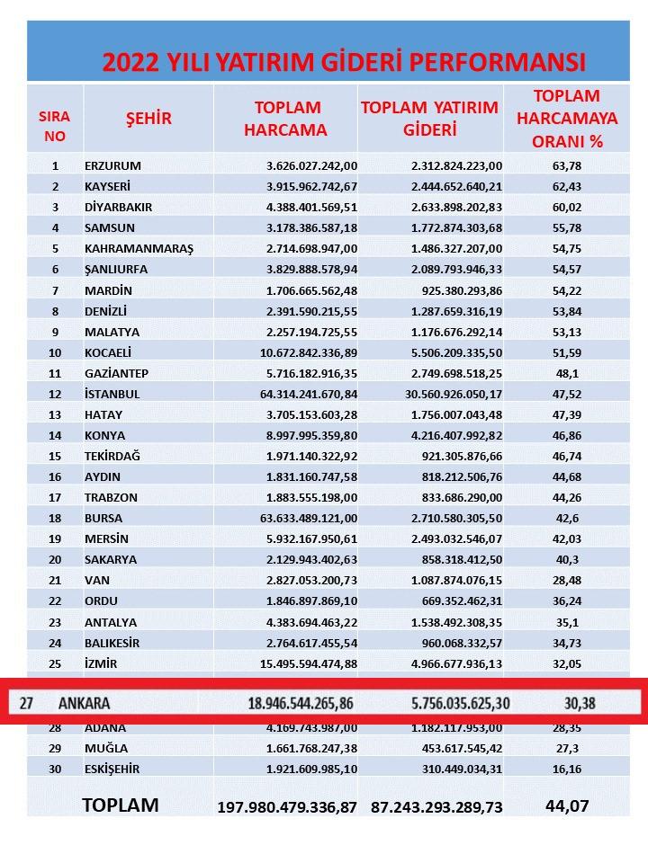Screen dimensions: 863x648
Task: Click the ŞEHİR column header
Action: pos(148,119)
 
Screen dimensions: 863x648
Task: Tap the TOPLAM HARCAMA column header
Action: pos(285,119)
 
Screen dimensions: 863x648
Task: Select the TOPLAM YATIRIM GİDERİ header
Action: pos(429,119)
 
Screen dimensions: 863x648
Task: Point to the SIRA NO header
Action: pos(55,127)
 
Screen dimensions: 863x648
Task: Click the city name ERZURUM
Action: pos(112,165)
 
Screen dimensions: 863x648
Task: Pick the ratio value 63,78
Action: pos(566,165)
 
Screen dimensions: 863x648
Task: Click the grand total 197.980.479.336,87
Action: pos(287,807)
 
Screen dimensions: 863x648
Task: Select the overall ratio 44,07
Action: pos(567,806)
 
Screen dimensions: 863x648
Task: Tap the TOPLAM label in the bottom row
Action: pos(120,805)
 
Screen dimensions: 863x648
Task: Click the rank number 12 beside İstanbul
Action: pos(55,394)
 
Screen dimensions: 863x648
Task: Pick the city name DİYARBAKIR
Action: pos(118,207)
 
